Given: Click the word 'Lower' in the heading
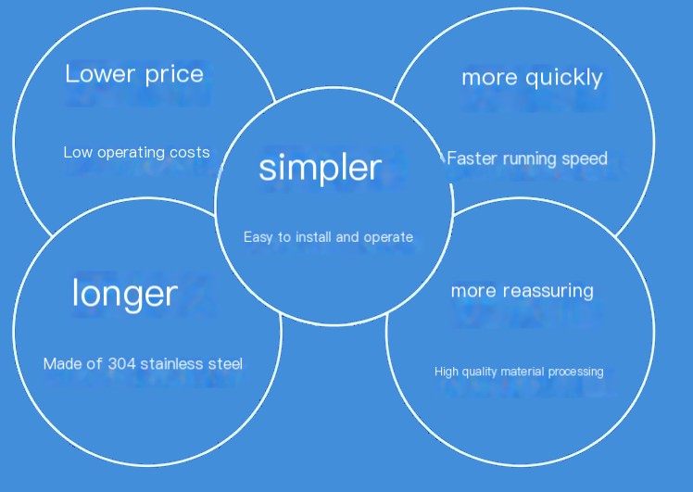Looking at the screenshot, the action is (x=100, y=73).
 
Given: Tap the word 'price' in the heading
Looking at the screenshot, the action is (x=174, y=75).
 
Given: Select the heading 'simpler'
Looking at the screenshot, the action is (x=320, y=168).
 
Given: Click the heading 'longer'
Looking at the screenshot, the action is (x=125, y=294).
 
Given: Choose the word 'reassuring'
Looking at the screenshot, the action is (x=548, y=291).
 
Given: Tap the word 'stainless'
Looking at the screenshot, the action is (x=172, y=364).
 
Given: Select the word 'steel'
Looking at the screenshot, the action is (x=225, y=364).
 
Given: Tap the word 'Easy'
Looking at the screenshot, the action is (x=258, y=237).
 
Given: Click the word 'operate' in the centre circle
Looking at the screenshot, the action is (x=388, y=237).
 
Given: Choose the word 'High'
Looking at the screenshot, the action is (x=446, y=372).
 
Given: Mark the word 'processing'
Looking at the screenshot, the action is (x=575, y=372).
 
